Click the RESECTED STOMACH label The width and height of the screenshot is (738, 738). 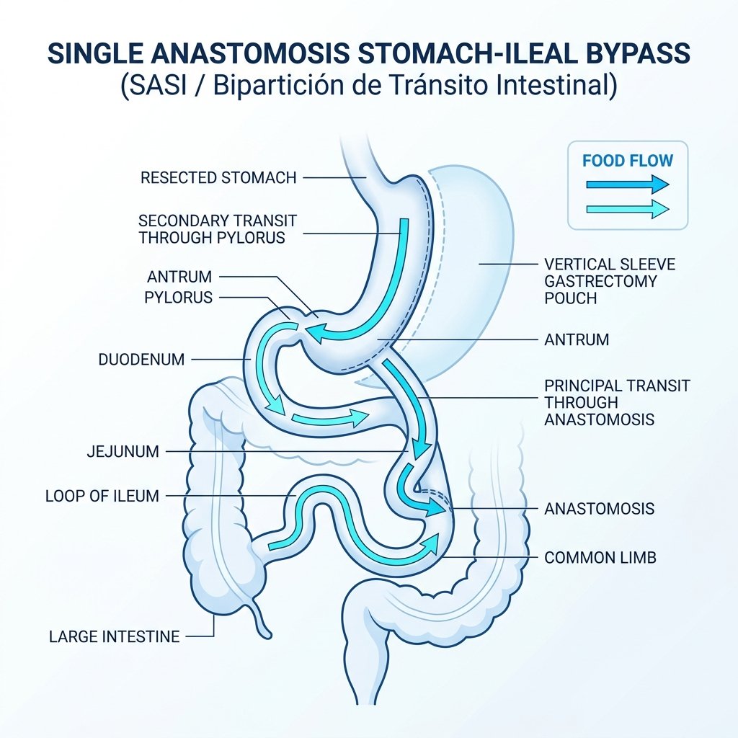click(218, 178)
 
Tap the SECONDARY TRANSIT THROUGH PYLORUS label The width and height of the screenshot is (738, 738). click(218, 229)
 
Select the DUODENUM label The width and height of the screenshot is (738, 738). click(141, 360)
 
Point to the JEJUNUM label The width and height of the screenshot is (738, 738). click(123, 452)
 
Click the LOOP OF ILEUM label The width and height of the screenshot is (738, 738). click(102, 496)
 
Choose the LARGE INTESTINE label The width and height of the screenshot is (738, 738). click(115, 637)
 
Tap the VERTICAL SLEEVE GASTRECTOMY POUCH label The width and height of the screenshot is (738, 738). click(610, 281)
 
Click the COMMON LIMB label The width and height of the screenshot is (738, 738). click(600, 558)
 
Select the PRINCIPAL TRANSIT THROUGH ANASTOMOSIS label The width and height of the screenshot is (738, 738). click(617, 402)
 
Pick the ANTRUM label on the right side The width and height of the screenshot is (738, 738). click(577, 340)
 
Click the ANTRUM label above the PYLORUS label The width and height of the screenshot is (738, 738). click(179, 277)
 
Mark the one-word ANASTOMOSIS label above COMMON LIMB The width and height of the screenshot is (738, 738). click(599, 509)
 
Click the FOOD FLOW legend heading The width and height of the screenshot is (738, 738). click(628, 161)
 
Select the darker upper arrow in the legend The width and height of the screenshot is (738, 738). click(628, 184)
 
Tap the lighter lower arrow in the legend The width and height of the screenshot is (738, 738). click(628, 208)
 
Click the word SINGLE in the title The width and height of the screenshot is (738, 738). click(95, 53)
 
